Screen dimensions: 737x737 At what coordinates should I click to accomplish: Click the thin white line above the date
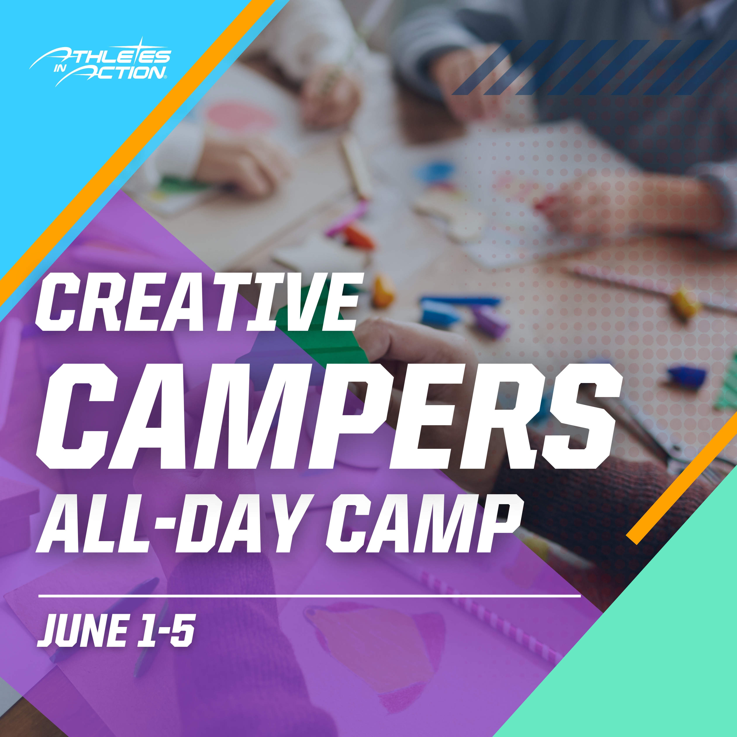pos(309,595)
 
